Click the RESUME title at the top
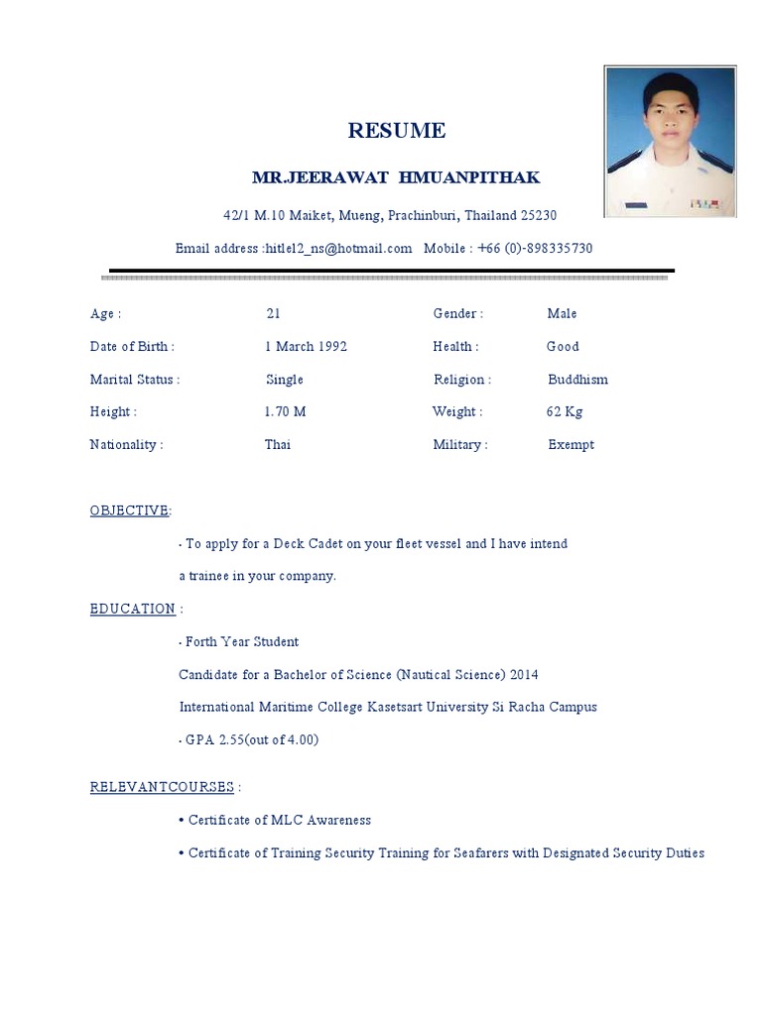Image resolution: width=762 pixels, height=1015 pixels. (x=396, y=131)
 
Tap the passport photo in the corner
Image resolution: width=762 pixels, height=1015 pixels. (x=671, y=142)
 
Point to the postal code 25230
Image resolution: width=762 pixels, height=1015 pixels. (x=539, y=215)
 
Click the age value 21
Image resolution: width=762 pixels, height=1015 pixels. (x=273, y=314)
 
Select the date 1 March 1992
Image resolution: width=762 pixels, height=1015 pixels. (x=305, y=347)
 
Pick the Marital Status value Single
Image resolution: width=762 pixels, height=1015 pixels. (x=285, y=380)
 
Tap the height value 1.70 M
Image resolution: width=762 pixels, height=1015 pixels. (x=285, y=412)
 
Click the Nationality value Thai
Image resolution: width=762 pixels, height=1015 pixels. (x=277, y=445)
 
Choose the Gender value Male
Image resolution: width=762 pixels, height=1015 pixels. (x=562, y=314)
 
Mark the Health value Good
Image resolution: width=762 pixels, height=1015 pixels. (x=563, y=347)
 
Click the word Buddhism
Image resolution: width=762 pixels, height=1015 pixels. (x=577, y=380)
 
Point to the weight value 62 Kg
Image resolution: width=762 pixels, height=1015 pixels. (x=564, y=412)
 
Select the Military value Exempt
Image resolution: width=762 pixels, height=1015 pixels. (x=571, y=445)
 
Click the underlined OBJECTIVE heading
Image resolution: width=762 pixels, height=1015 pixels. (x=130, y=510)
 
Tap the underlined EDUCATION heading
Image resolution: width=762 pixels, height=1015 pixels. (x=133, y=609)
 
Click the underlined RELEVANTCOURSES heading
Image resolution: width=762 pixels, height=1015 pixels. (x=163, y=788)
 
